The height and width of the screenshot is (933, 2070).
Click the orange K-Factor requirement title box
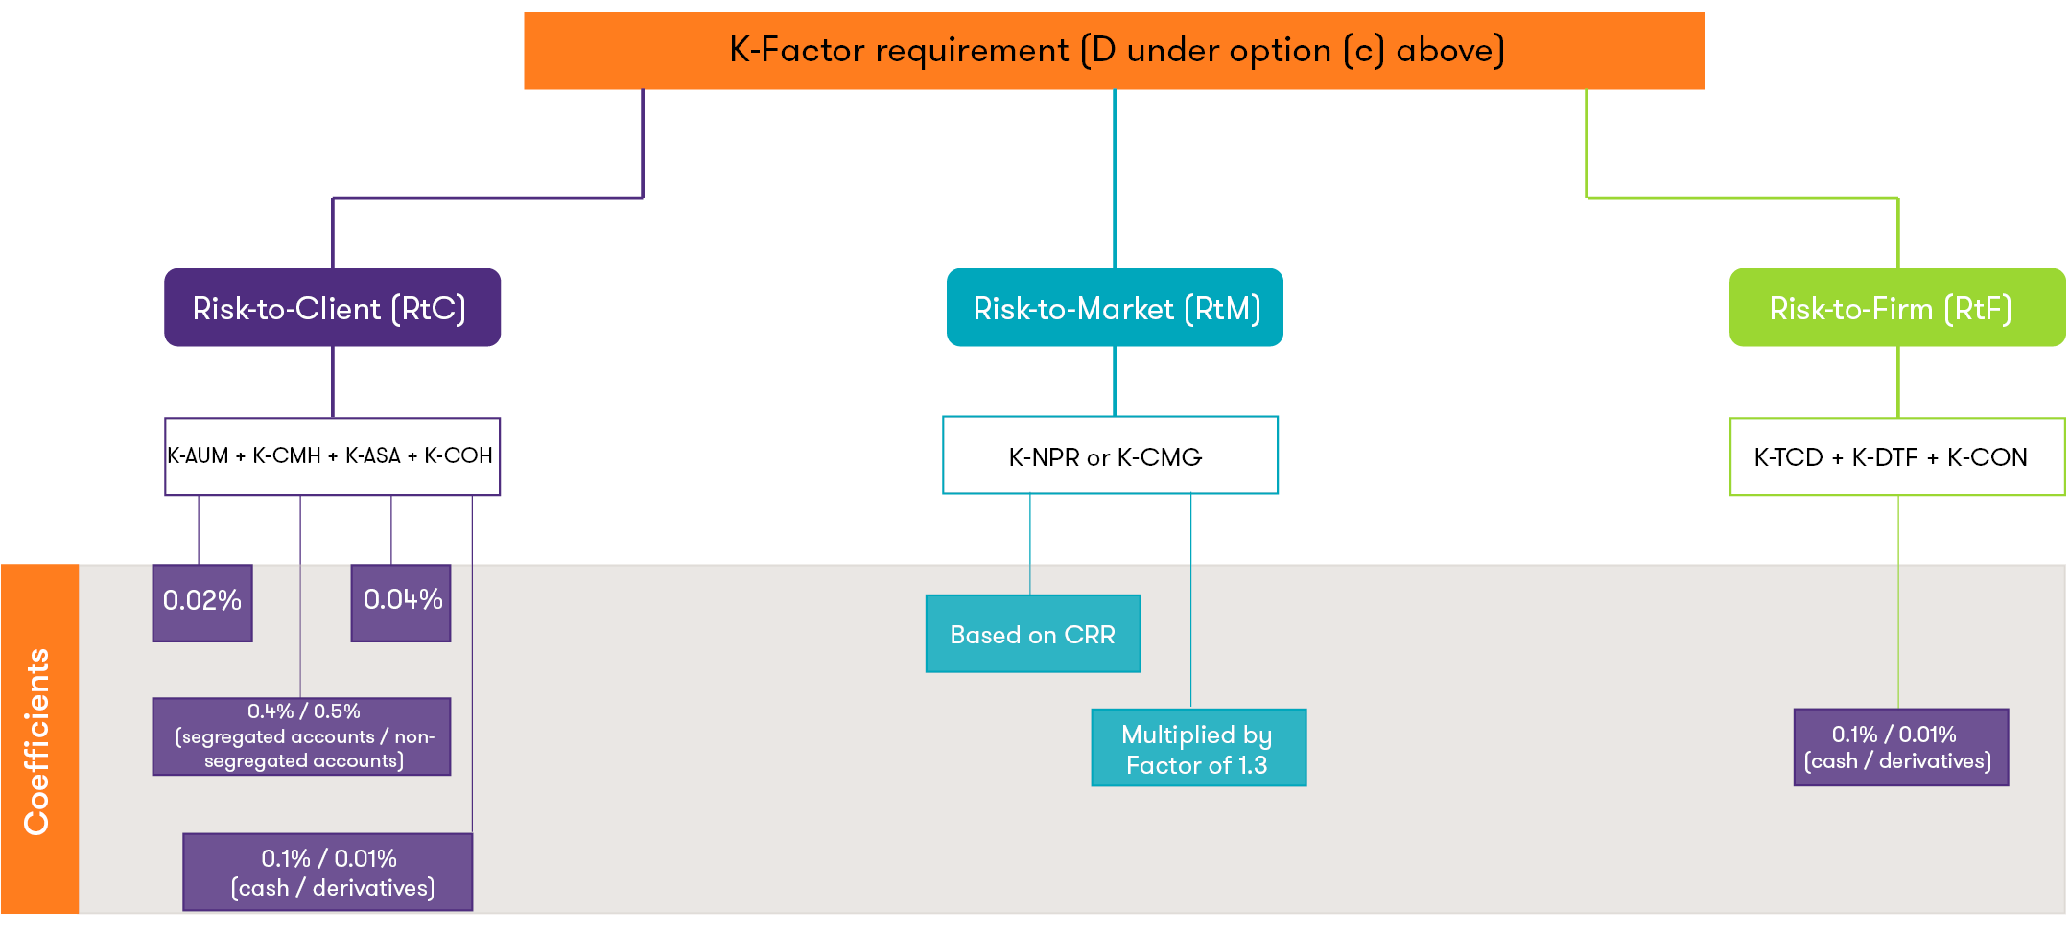click(x=1114, y=51)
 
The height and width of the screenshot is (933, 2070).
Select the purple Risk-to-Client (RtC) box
click(x=332, y=308)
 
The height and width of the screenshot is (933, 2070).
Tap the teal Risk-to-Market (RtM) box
click(x=1115, y=308)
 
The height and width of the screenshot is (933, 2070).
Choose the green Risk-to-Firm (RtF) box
click(x=1896, y=308)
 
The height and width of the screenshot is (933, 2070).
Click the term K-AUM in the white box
click(x=198, y=456)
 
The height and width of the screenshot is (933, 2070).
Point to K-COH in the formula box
click(x=458, y=456)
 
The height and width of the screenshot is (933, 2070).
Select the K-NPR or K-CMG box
click(x=1110, y=456)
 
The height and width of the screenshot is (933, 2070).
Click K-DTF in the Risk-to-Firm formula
click(x=1884, y=457)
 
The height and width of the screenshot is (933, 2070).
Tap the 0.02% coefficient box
click(x=202, y=602)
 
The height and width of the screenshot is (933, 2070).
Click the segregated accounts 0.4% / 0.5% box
click(x=301, y=736)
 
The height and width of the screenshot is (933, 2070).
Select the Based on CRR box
click(x=1032, y=634)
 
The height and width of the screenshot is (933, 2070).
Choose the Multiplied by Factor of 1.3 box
click(x=1198, y=748)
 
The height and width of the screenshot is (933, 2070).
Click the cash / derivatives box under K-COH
click(x=328, y=872)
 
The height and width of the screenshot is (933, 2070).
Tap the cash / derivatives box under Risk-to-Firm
click(x=1900, y=748)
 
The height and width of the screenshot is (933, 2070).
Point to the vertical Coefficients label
click(x=37, y=740)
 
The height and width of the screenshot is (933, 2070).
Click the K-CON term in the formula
click(x=1987, y=457)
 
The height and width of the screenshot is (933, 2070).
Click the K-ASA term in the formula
click(x=372, y=456)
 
